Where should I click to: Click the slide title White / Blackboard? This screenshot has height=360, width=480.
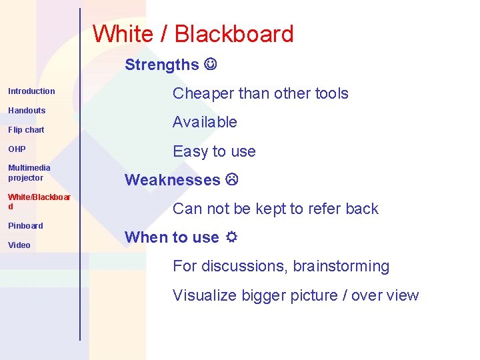coord(193,34)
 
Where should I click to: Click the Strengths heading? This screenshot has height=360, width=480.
coord(161,65)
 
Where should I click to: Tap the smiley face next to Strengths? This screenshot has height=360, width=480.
coord(211,65)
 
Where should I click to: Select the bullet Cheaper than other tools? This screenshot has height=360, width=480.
coord(260,93)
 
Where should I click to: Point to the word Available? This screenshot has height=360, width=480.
coord(205,122)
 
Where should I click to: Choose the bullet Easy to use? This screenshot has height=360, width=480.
coord(214,151)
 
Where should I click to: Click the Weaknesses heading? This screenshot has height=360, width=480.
coord(172,179)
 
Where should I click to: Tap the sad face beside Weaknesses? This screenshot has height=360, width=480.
coord(231,179)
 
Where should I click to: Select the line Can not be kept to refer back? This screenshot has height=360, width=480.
coord(275,209)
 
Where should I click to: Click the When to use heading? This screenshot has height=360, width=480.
coord(171,237)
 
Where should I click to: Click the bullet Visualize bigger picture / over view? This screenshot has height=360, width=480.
coord(295,295)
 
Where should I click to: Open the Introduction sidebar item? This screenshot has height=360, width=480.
coord(31,91)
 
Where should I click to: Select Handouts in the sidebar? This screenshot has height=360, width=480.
coord(27,110)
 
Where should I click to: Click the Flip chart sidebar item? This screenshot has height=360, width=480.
coord(26,130)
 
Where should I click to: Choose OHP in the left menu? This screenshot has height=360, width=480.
coord(17,149)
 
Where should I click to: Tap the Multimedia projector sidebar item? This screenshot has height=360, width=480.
coord(29,173)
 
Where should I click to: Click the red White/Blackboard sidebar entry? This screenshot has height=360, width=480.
coord(39,201)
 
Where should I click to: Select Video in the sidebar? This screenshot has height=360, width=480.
coord(19,245)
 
